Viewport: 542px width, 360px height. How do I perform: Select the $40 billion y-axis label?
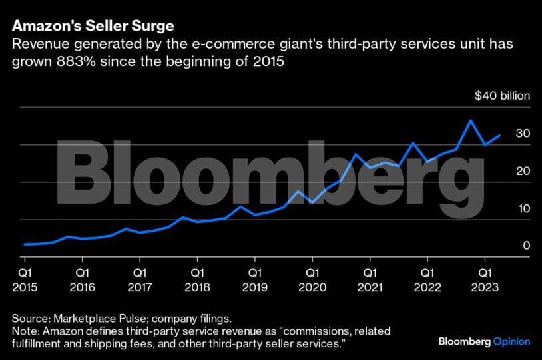(502, 96)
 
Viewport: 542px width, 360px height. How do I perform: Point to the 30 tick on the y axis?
(523, 134)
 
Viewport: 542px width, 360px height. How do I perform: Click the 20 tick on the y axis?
(523, 171)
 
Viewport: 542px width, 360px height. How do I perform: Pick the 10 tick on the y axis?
(523, 208)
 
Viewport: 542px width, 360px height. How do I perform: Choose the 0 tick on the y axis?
(526, 246)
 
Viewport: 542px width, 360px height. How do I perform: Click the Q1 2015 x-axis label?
(25, 279)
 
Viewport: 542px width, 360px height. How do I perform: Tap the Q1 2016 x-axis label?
(82, 279)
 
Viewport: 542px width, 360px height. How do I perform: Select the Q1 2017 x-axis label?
(139, 279)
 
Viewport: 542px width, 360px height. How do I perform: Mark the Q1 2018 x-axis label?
(196, 279)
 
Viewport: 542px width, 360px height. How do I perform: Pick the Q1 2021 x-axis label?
(369, 279)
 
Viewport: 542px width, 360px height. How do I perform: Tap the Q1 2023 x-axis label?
(484, 279)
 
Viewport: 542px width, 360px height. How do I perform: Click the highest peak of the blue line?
(471, 120)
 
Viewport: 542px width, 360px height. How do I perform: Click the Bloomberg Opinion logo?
(484, 341)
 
